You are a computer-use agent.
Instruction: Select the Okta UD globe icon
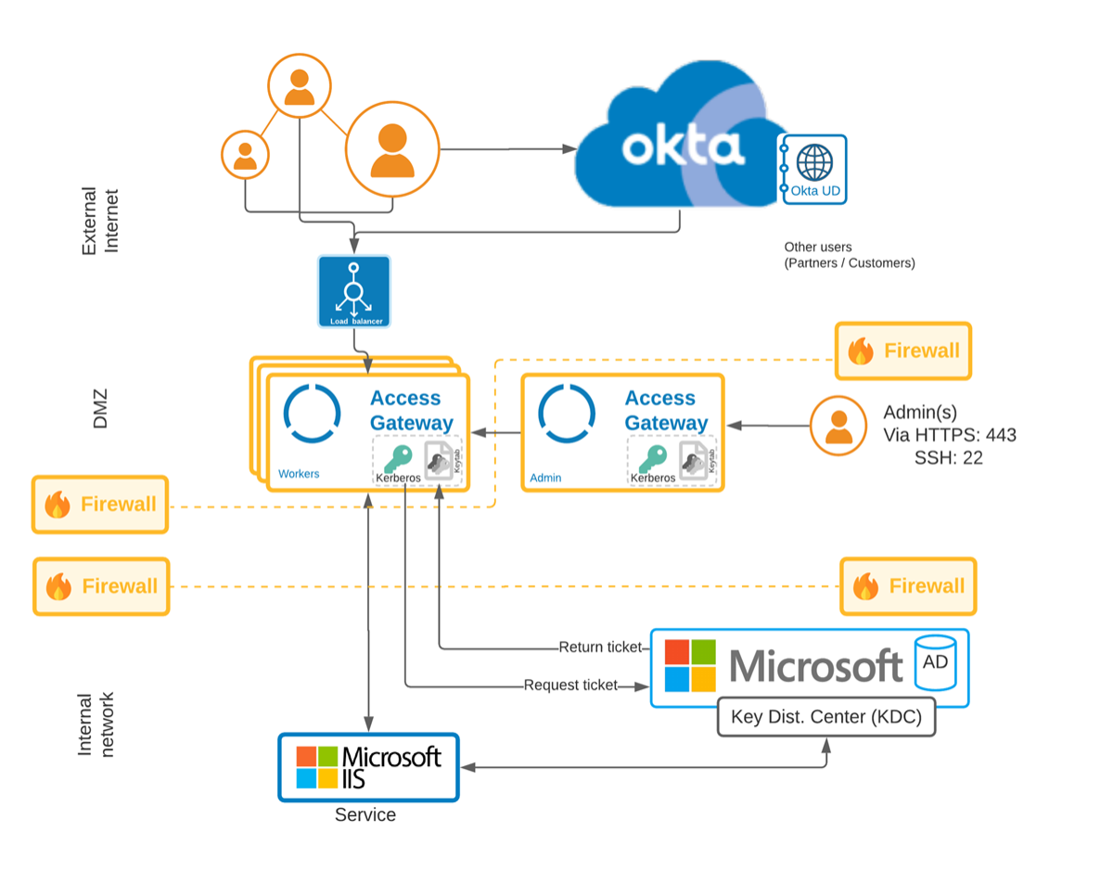tap(814, 163)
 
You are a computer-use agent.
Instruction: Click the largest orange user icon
tap(392, 150)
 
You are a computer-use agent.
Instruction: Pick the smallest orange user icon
tap(245, 154)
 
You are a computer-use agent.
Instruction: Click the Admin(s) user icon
tap(838, 426)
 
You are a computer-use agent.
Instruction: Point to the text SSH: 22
tap(948, 457)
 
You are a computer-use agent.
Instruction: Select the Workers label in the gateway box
tap(299, 474)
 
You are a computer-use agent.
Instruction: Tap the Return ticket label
tap(599, 647)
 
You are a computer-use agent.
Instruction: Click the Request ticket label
tap(570, 685)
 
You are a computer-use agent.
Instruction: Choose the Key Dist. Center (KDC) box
tap(826, 716)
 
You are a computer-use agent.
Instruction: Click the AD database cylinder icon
tap(935, 662)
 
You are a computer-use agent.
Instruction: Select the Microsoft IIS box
tap(368, 767)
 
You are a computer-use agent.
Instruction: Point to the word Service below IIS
tap(365, 815)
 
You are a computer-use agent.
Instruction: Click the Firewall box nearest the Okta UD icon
tap(902, 352)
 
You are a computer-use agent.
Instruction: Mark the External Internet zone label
tap(100, 221)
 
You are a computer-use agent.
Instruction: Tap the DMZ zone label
tap(100, 408)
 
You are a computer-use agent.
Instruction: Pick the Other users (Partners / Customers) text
tap(849, 255)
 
